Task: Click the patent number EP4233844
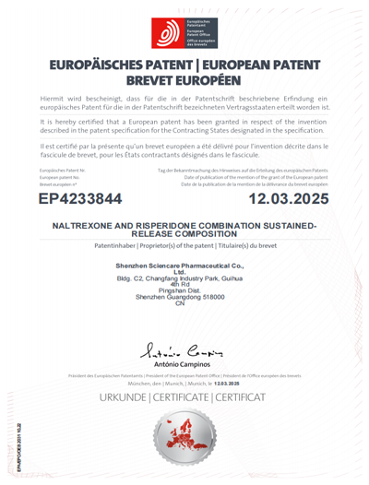coord(87,198)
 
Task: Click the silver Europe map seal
coord(184,441)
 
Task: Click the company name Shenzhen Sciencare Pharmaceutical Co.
coord(184,266)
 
